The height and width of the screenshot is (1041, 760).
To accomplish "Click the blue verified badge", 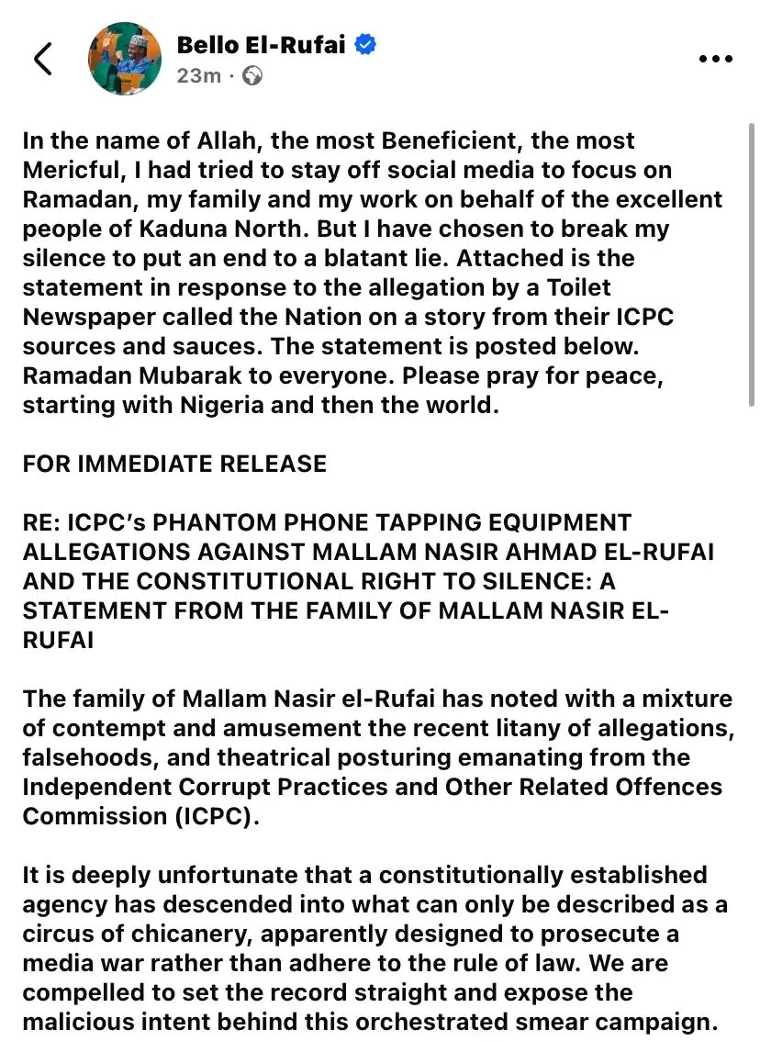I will pyautogui.click(x=365, y=44).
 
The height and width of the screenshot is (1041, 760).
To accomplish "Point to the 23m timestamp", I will pyautogui.click(x=198, y=75).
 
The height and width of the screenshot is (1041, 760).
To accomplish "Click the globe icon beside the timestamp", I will pyautogui.click(x=252, y=75).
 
